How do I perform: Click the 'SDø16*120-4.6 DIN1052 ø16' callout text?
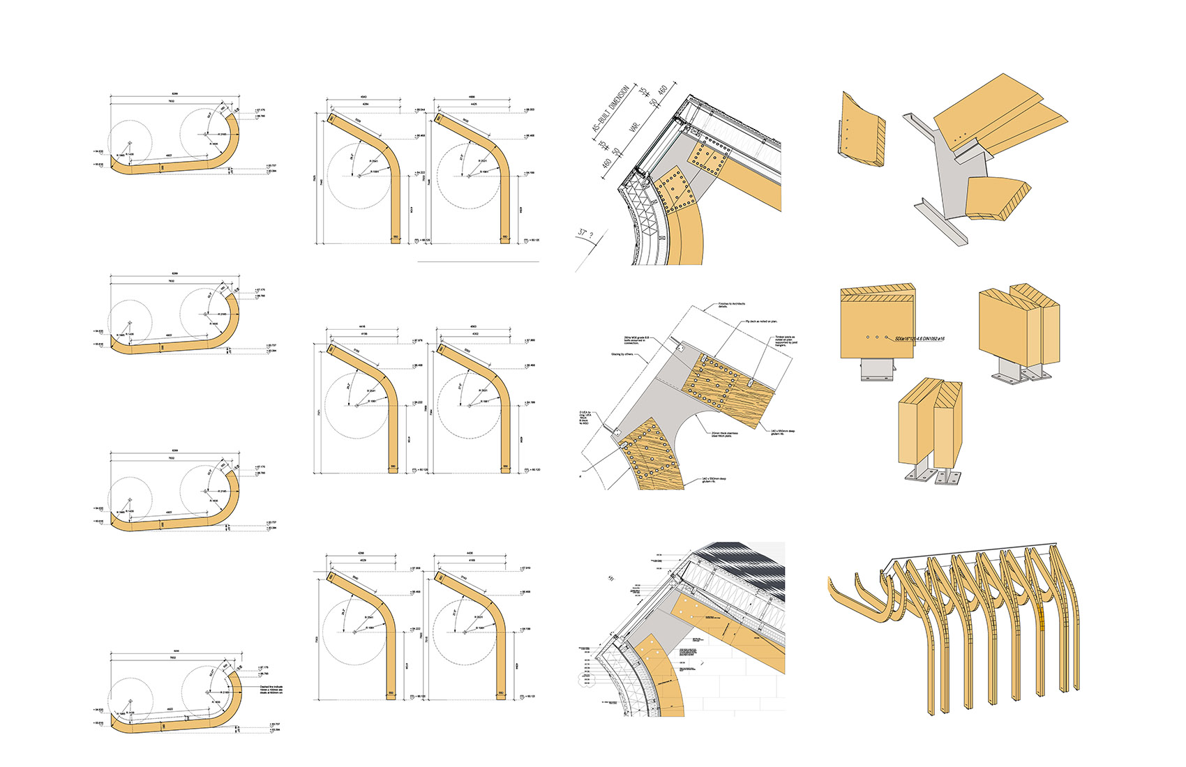coord(915,338)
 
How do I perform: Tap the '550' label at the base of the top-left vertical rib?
coord(396,237)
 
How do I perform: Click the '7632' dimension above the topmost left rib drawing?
coord(171,102)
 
